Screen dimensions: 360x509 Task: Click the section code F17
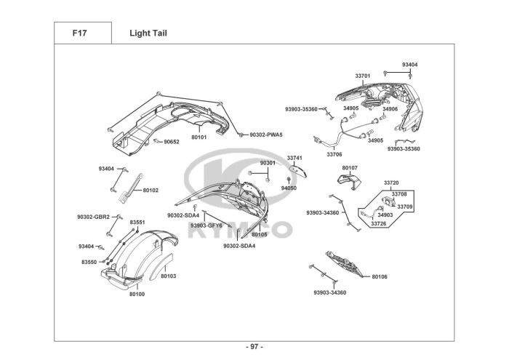[x=80, y=33]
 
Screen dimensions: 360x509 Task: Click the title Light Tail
[x=148, y=33]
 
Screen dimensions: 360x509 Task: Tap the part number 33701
[x=363, y=76]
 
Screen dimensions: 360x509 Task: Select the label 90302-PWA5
[x=265, y=135]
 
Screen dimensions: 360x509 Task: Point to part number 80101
[x=199, y=137]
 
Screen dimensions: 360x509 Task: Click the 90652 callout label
[x=171, y=142]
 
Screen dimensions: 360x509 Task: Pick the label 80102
[x=151, y=190]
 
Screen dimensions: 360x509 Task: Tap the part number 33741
[x=294, y=158]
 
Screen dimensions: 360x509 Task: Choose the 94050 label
[x=289, y=188]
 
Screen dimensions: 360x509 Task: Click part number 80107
[x=350, y=168]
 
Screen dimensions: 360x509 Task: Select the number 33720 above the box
[x=391, y=183]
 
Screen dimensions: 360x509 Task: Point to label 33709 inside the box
[x=404, y=207]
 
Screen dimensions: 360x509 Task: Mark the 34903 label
[x=385, y=215]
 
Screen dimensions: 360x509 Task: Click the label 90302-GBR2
[x=93, y=217]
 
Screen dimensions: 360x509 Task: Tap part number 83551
[x=137, y=222]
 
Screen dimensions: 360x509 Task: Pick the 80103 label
[x=168, y=276]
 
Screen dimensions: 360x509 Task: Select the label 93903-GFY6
[x=207, y=225]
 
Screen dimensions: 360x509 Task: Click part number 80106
[x=380, y=277]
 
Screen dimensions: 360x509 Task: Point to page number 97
[x=254, y=346]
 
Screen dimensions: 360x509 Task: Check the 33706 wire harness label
[x=334, y=154]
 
